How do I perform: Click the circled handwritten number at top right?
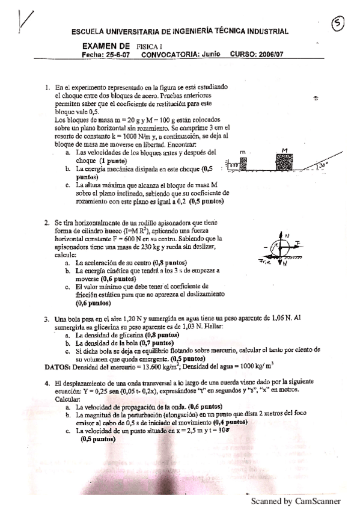338,23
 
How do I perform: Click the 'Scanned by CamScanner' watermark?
295,500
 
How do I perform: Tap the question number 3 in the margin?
47,318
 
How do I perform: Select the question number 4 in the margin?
47,382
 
